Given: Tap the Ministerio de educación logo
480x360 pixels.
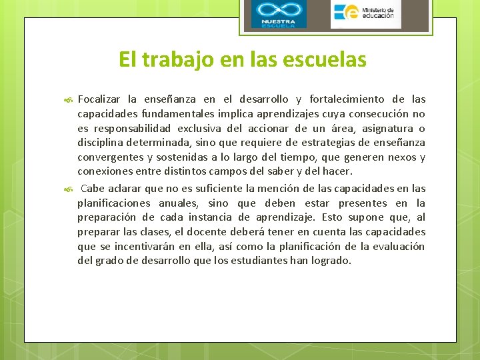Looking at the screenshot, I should (x=365, y=13).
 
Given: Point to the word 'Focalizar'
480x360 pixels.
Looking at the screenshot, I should (x=100, y=99).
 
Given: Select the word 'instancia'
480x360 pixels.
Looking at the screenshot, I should (x=204, y=217).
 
